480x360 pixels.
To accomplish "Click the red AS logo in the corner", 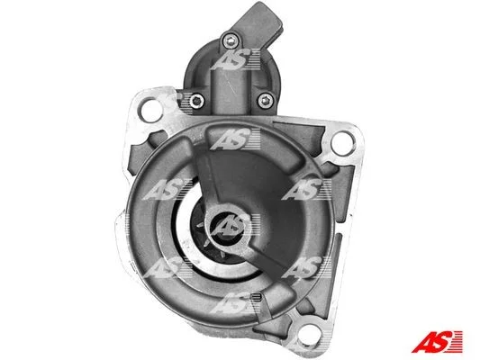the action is [x=437, y=341].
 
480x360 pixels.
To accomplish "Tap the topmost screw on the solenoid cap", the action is [x=231, y=40].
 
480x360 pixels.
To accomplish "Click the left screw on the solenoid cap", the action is [x=196, y=100].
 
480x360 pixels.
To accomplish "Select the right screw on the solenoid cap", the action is [x=265, y=100].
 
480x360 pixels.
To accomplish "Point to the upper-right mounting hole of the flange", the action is [x=343, y=143].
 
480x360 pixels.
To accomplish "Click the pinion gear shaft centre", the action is [x=227, y=227].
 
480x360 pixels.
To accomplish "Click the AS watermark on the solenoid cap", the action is [x=235, y=60].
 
